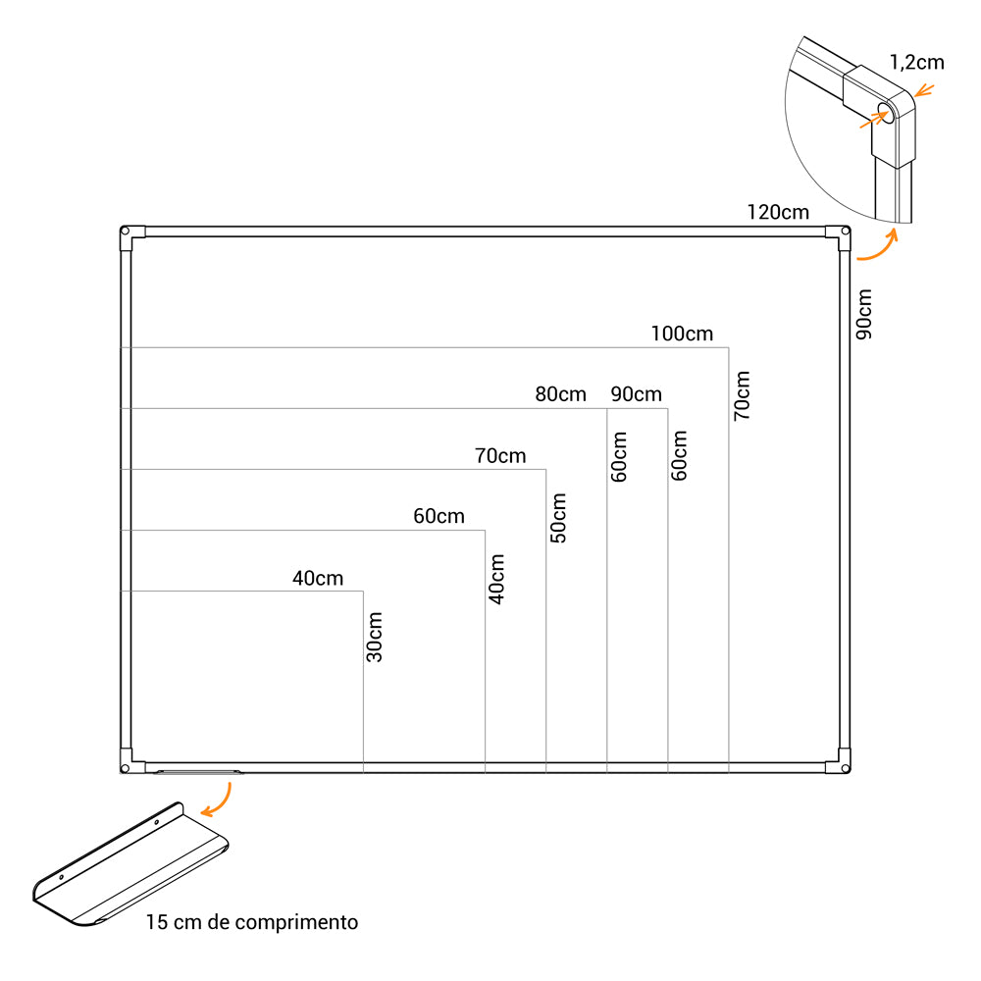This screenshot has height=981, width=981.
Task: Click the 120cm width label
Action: click(x=778, y=212)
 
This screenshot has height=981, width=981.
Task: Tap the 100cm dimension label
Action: click(x=682, y=334)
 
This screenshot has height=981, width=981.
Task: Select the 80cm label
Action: click(x=560, y=394)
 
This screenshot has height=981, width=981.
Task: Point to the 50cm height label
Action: click(x=558, y=518)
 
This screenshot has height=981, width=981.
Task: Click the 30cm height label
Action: click(x=374, y=637)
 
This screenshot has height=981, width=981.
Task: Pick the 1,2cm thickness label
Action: click(x=916, y=62)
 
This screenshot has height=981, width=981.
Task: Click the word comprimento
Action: click(x=296, y=922)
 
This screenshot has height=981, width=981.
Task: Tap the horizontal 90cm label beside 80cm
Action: click(x=637, y=394)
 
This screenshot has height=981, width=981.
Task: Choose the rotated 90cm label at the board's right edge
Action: click(x=864, y=314)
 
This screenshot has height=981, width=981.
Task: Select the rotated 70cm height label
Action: click(x=742, y=395)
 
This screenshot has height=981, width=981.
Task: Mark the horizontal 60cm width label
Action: click(x=439, y=516)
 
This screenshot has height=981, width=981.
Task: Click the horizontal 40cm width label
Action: click(x=318, y=578)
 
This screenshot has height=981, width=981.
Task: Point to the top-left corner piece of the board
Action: click(x=129, y=235)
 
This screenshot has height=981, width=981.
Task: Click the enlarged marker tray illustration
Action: click(x=130, y=864)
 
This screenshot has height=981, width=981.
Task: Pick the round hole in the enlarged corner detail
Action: click(x=886, y=113)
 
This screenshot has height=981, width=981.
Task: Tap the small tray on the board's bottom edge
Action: click(x=197, y=772)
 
